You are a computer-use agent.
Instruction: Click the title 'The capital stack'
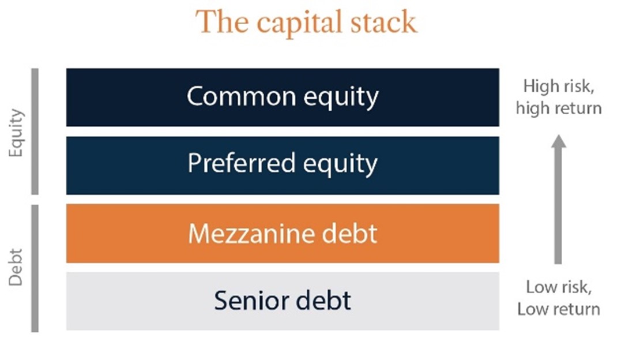[x=306, y=22]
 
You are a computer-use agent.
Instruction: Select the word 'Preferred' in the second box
[x=233, y=164]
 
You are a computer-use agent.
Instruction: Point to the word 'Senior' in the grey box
[x=248, y=301]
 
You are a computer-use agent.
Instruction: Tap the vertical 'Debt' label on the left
[x=17, y=267]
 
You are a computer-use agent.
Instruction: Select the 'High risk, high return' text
[x=558, y=97]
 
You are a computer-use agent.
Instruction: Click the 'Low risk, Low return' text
[x=558, y=298]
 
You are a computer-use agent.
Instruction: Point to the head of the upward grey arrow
[x=558, y=141]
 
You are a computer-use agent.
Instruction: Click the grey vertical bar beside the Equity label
[x=35, y=132]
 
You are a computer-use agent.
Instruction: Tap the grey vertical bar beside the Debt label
[x=35, y=268]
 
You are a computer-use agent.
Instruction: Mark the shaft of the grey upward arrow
[x=558, y=208]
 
